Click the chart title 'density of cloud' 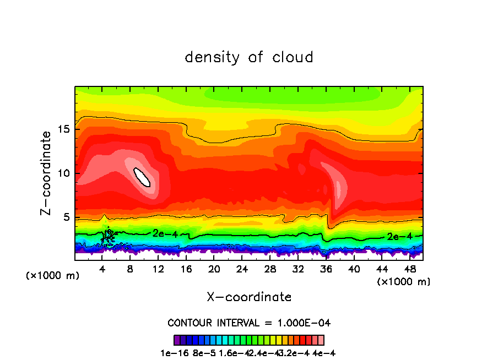click(x=249, y=57)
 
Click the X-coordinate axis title click(x=249, y=297)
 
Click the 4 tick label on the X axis click(x=102, y=269)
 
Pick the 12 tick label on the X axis click(x=158, y=269)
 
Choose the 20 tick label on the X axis click(x=214, y=269)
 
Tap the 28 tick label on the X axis click(x=269, y=269)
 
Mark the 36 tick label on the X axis click(x=326, y=269)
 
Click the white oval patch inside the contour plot click(x=142, y=177)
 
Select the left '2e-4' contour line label click(x=165, y=233)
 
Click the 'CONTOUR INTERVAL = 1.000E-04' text click(x=249, y=323)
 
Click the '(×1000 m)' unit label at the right click(x=404, y=282)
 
